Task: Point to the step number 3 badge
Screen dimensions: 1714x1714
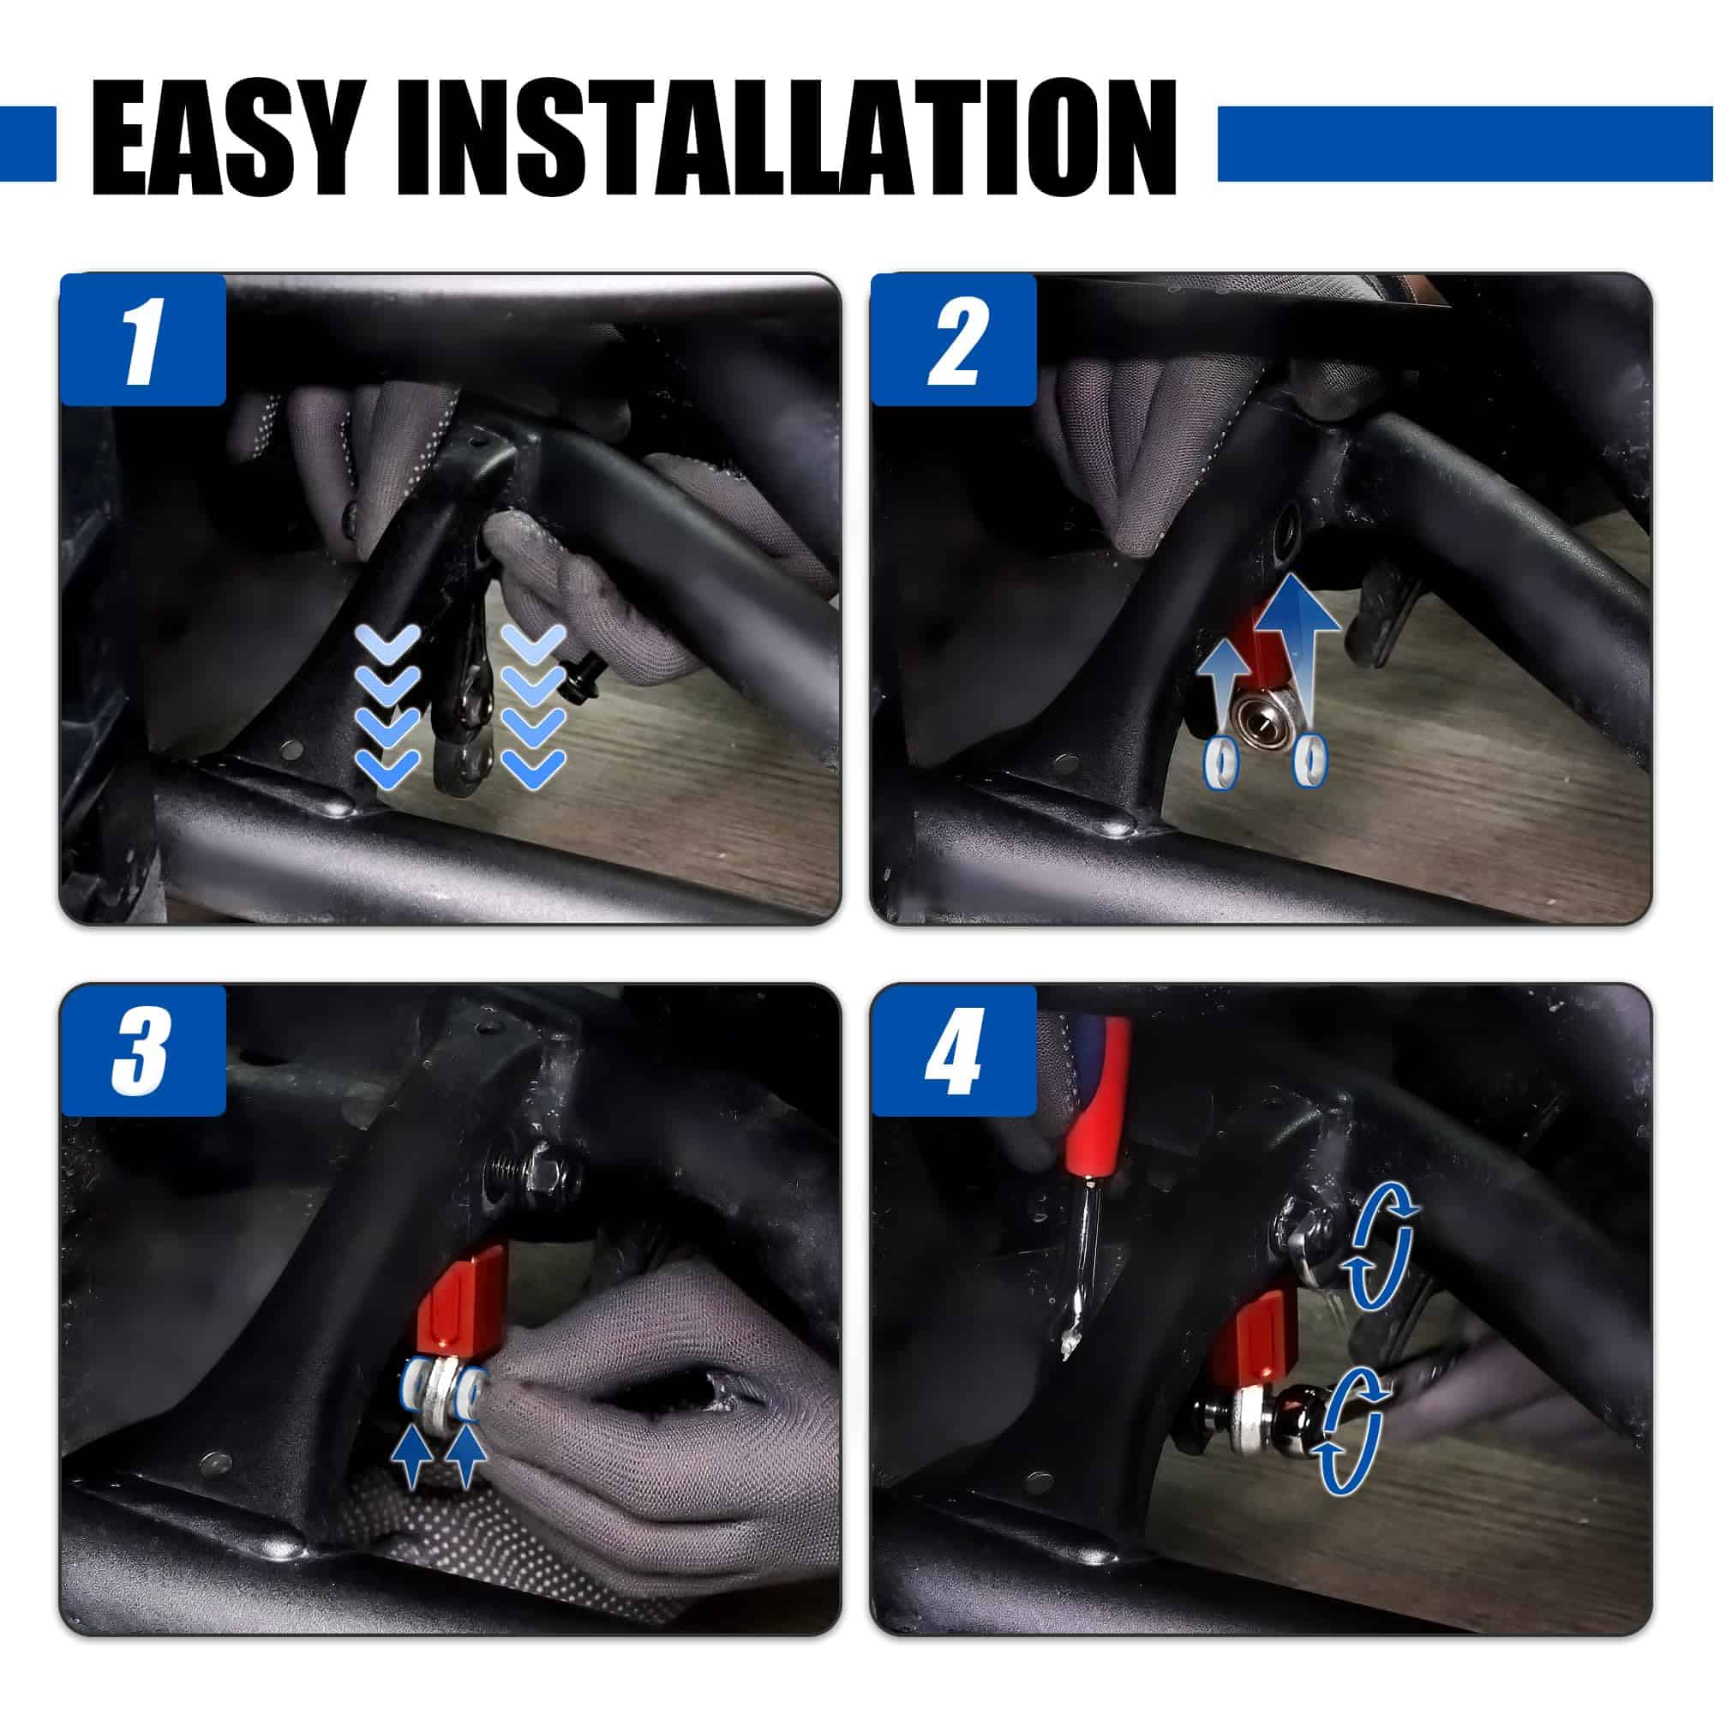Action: [143, 1050]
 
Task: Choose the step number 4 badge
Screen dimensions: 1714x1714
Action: [954, 1050]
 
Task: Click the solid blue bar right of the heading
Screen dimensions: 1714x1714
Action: [1465, 144]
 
